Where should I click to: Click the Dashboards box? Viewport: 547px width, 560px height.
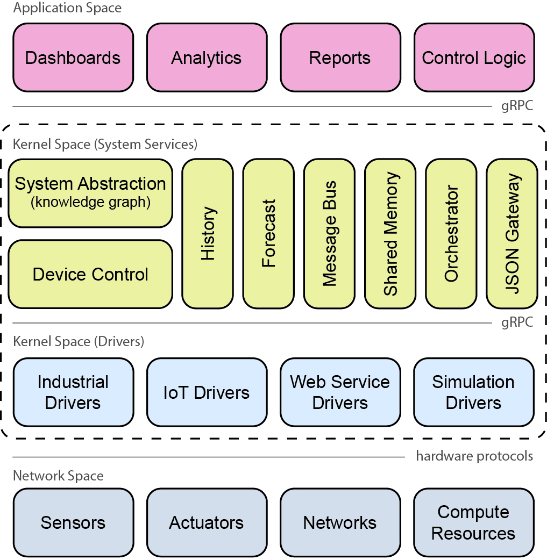73,58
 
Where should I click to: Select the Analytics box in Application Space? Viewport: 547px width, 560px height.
207,58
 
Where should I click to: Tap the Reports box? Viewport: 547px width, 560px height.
340,58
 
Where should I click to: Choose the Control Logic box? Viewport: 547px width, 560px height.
474,58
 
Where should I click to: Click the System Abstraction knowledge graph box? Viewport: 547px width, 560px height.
90,193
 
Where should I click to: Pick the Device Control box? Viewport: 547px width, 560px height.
90,274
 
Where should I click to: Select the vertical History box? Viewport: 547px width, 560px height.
208,233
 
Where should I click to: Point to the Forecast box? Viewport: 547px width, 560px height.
268,233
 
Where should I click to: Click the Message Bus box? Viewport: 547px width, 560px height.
329,233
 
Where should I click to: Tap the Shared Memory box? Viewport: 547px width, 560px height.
390,233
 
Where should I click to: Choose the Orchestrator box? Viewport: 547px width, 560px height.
451,233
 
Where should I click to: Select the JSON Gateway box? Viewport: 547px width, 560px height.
512,233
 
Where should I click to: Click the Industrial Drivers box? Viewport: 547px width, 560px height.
73,392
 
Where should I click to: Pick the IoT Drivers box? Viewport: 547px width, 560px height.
207,392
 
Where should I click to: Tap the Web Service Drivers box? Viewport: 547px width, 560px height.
340,392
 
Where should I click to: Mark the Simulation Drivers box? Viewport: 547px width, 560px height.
474,392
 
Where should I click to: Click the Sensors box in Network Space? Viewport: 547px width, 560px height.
73,522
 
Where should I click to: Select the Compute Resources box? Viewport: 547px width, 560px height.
474,522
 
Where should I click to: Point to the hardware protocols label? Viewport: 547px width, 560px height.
474,456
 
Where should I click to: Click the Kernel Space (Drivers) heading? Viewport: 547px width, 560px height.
79,342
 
